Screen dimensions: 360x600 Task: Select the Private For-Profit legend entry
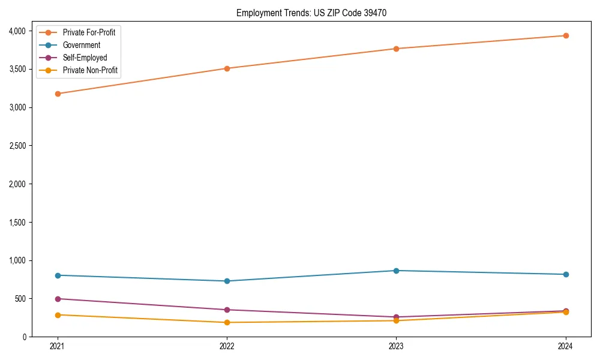tap(89, 32)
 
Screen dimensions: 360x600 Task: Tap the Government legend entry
tap(82, 45)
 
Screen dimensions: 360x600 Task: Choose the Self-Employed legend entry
tap(85, 58)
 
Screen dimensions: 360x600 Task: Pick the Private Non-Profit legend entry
tap(90, 70)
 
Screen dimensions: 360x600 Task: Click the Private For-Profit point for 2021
tap(58, 94)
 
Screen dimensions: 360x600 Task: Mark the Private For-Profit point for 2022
tap(227, 68)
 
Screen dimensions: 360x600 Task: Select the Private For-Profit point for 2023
tap(396, 49)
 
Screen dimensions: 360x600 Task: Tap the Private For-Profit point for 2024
tap(566, 35)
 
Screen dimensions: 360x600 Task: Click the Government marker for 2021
tap(58, 275)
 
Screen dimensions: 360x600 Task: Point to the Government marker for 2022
tap(227, 281)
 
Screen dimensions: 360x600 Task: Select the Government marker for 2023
tap(396, 271)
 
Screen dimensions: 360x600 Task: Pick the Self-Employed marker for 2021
tap(58, 299)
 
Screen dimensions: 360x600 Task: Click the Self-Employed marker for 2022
tap(227, 310)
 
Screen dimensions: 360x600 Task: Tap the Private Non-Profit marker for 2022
tap(227, 322)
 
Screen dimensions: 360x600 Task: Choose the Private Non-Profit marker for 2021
tap(58, 315)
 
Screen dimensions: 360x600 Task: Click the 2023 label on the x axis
tap(396, 346)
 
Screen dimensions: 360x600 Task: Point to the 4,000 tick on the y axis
tap(18, 31)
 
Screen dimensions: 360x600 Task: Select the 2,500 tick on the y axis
tap(18, 146)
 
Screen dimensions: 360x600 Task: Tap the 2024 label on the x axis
tap(566, 346)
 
